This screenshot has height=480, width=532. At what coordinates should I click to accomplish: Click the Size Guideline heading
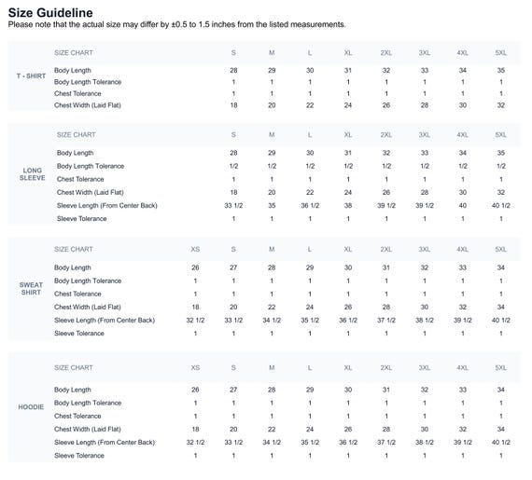tap(50, 13)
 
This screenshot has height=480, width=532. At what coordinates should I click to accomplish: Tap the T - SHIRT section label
tap(31, 75)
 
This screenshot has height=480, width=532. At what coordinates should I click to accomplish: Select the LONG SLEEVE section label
tap(33, 174)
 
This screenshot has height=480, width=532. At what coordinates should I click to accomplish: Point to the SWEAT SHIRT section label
tap(31, 289)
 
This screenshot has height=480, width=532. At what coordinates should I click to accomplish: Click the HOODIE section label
tap(31, 406)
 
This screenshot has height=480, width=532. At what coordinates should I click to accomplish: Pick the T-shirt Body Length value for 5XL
tap(501, 71)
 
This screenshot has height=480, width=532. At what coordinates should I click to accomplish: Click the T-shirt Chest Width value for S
tap(233, 105)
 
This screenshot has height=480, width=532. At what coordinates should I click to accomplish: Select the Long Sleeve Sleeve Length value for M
tap(272, 206)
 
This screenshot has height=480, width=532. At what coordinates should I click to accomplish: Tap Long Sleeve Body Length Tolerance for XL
tap(348, 166)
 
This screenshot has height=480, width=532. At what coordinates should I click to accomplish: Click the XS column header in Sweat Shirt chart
tap(195, 249)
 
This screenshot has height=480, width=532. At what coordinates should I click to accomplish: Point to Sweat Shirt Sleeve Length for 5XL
tap(501, 320)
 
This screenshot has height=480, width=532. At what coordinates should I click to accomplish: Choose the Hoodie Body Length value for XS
tap(195, 390)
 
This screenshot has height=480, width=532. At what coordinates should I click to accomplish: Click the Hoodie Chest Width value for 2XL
tap(386, 429)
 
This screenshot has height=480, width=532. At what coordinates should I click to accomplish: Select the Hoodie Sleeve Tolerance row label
tap(79, 456)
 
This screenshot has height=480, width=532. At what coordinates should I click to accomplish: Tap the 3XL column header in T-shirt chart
tap(425, 53)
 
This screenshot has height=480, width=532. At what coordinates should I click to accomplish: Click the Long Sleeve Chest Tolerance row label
tap(80, 179)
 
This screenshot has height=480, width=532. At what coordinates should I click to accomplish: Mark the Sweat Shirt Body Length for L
tap(310, 267)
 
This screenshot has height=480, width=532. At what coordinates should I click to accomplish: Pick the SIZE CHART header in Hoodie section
tap(74, 368)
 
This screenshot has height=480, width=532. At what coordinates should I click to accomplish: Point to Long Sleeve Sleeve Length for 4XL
tap(462, 206)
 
